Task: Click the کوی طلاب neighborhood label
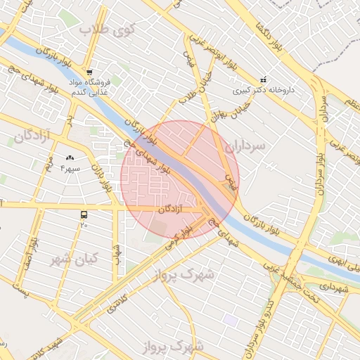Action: coord(106,30)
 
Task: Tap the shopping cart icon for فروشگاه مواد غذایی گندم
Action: coord(89,72)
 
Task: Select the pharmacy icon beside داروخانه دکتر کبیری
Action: coord(263,79)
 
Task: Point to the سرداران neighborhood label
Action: coord(246,146)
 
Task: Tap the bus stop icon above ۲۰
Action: coord(84,214)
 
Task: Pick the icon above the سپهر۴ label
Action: coord(70,158)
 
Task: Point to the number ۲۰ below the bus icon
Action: coord(84,225)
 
